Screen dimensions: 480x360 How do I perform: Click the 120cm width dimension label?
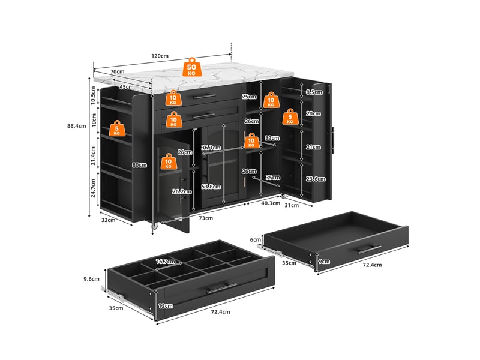pyautogui.click(x=160, y=56)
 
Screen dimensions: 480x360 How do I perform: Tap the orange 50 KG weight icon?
pyautogui.click(x=192, y=67)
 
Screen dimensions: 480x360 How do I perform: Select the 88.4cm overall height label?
pyautogui.click(x=77, y=126)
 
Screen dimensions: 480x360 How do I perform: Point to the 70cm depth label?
pyautogui.click(x=117, y=71)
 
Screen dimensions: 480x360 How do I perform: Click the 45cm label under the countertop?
pyautogui.click(x=127, y=87)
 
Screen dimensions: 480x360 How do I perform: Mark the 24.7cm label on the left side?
pyautogui.click(x=94, y=188)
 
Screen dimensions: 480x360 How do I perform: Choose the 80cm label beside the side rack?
pyautogui.click(x=140, y=165)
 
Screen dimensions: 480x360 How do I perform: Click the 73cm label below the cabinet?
pyautogui.click(x=206, y=218)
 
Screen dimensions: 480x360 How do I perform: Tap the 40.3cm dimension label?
pyautogui.click(x=271, y=203)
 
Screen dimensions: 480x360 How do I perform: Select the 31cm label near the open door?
pyautogui.click(x=292, y=205)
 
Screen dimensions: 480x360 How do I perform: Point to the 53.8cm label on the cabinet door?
pyautogui.click(x=211, y=187)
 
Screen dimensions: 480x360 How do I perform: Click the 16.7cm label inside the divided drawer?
pyautogui.click(x=166, y=262)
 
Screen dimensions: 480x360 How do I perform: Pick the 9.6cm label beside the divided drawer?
pyautogui.click(x=92, y=279)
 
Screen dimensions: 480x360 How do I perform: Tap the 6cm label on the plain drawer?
pyautogui.click(x=256, y=239)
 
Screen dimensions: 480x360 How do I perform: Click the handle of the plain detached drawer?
pyautogui.click(x=370, y=250)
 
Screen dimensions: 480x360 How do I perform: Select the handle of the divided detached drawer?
pyautogui.click(x=221, y=288)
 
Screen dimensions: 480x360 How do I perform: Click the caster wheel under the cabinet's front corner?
pyautogui.click(x=155, y=226)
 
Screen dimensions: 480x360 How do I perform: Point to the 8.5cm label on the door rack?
pyautogui.click(x=314, y=92)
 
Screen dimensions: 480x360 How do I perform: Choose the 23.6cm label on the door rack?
pyautogui.click(x=316, y=179)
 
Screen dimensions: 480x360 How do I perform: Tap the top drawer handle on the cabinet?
pyautogui.click(x=205, y=97)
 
